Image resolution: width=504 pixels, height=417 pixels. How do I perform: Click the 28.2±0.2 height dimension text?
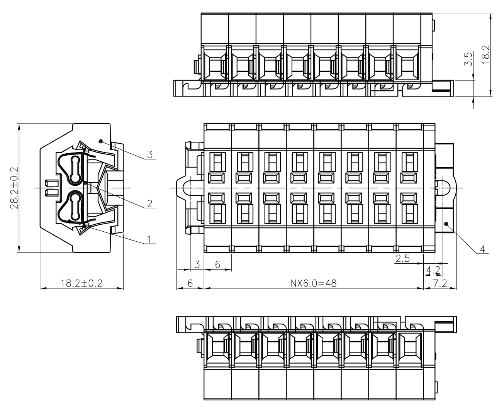14,188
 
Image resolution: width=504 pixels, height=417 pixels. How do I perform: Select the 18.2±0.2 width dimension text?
81,283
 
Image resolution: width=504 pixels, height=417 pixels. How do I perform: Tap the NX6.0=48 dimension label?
314,283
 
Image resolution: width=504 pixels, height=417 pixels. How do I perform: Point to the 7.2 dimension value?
440,283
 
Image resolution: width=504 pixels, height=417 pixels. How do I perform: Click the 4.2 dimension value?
433,270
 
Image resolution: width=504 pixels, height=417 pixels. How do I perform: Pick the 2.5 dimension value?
403,258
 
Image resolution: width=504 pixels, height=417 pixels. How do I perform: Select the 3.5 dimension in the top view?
468,59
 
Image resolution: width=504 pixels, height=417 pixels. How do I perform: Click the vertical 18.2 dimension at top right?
486,54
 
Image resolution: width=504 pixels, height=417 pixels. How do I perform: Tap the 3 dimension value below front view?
197,264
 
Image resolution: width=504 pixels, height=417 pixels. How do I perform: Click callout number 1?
149,239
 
